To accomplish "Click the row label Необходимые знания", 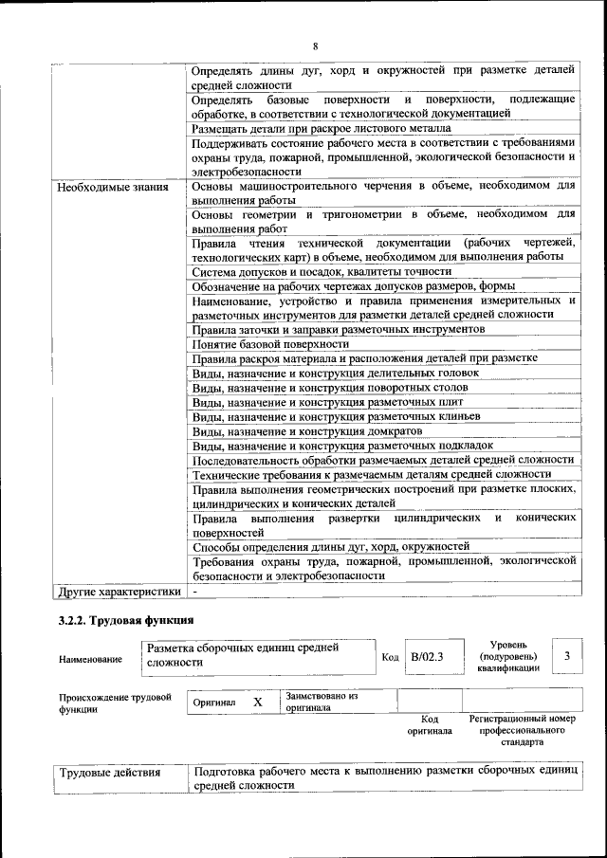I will point(113,187).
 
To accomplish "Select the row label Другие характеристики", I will point(118,592).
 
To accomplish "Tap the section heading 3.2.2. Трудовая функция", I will point(121,621).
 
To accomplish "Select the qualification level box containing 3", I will point(566,655).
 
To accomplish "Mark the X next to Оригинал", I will point(257,703).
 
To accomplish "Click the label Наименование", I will point(90,658).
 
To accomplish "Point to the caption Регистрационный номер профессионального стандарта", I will point(522,730).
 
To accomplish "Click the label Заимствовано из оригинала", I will point(321,702).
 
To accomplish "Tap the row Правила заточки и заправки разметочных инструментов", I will point(339,329).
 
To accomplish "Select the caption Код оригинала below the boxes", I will point(429,725).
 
